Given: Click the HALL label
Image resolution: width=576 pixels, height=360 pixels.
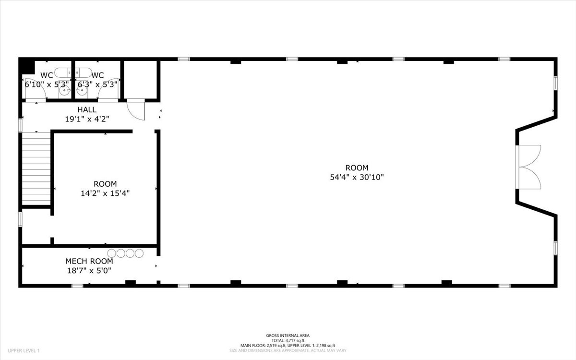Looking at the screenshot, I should tap(87, 110).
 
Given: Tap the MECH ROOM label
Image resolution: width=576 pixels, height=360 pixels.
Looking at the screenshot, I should tap(89, 261).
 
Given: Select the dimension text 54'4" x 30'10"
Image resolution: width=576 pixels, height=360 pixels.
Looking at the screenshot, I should tap(357, 177).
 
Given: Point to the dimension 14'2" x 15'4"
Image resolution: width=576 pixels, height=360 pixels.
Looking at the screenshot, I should tap(105, 193).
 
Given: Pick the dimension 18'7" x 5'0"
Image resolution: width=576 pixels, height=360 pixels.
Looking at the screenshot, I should tap(89, 270).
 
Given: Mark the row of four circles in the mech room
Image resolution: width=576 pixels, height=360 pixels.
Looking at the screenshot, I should tap(125, 253).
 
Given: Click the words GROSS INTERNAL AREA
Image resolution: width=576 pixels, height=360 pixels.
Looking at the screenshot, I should tap(288, 336).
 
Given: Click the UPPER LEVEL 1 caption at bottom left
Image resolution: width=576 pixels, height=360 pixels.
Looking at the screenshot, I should tap(24, 351).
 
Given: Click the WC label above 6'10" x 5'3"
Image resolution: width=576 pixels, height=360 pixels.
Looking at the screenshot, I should tap(47, 75).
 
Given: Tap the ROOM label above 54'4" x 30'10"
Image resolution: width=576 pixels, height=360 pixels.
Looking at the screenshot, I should tap(357, 168).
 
